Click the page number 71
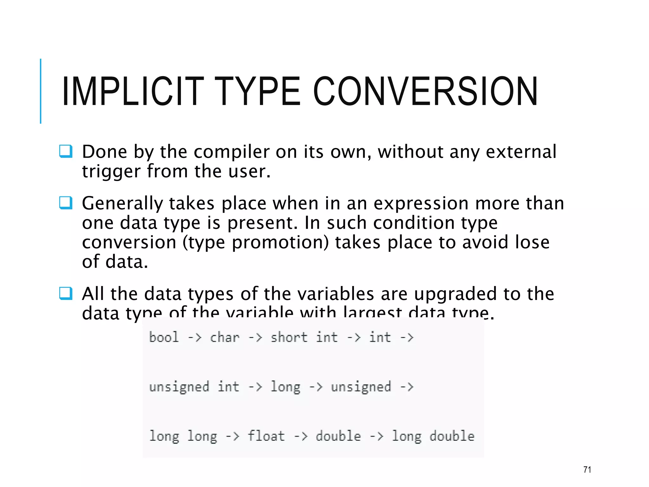[587, 470]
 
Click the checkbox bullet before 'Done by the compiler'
[66, 151]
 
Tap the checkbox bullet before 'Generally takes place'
[66, 203]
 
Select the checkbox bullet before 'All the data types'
[66, 293]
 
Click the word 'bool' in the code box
[164, 337]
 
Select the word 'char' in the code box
[225, 337]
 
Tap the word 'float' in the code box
[266, 436]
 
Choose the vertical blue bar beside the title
[41, 91]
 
